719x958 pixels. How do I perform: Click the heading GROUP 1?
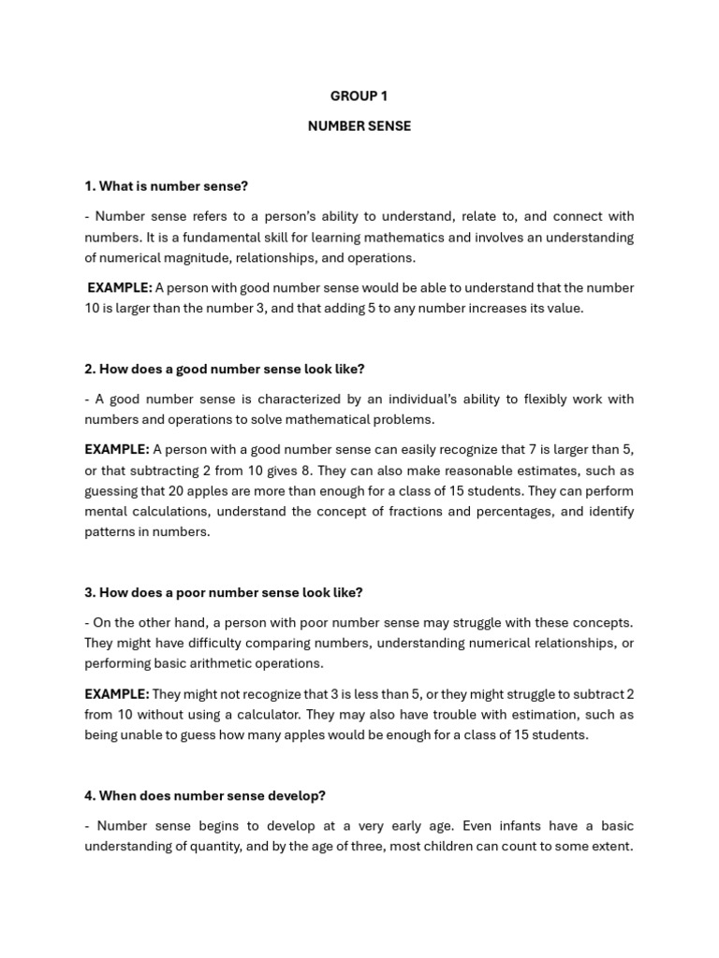[x=359, y=95]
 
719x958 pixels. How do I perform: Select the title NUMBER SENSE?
[x=359, y=125]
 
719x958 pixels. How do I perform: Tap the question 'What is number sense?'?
[x=166, y=186]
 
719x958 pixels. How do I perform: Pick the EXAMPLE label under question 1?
[x=120, y=288]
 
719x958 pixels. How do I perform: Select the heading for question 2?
[x=224, y=369]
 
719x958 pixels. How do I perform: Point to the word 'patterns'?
[x=110, y=532]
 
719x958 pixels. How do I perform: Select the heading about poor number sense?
[x=223, y=592]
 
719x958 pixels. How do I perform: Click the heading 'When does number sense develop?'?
[x=204, y=795]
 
